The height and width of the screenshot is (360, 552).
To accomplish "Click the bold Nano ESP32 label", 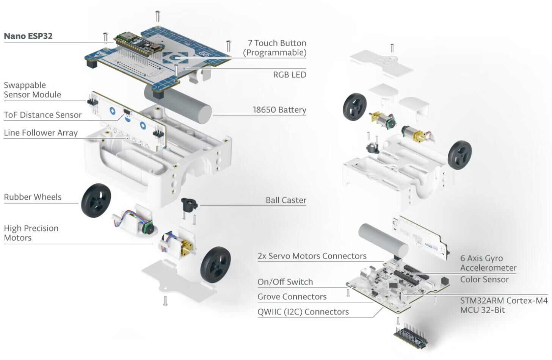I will click(28, 36).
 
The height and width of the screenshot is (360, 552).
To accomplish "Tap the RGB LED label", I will click(289, 75).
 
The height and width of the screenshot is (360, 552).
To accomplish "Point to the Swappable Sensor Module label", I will click(32, 90).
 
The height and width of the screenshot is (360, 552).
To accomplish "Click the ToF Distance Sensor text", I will click(42, 115).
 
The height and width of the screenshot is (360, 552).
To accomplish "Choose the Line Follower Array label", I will click(41, 133).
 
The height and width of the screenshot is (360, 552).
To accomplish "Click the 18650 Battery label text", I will click(279, 110).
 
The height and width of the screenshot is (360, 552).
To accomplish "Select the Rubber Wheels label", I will click(33, 197).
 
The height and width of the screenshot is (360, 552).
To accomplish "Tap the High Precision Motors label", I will click(31, 233).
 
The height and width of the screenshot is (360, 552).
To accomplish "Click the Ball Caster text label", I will click(286, 200).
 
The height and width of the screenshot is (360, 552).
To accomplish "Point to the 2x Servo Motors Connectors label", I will click(312, 256).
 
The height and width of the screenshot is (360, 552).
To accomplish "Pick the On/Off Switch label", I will click(285, 282).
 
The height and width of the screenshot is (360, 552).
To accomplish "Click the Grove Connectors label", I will click(292, 297).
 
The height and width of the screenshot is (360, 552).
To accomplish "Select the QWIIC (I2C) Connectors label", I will click(303, 312).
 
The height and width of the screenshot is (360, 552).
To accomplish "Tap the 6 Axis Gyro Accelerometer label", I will click(488, 263).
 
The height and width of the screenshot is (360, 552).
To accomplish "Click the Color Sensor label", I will click(484, 279).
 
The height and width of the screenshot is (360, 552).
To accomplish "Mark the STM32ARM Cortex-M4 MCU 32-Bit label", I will click(503, 305).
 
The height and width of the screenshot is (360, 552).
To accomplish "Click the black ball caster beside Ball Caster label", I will click(189, 205).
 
